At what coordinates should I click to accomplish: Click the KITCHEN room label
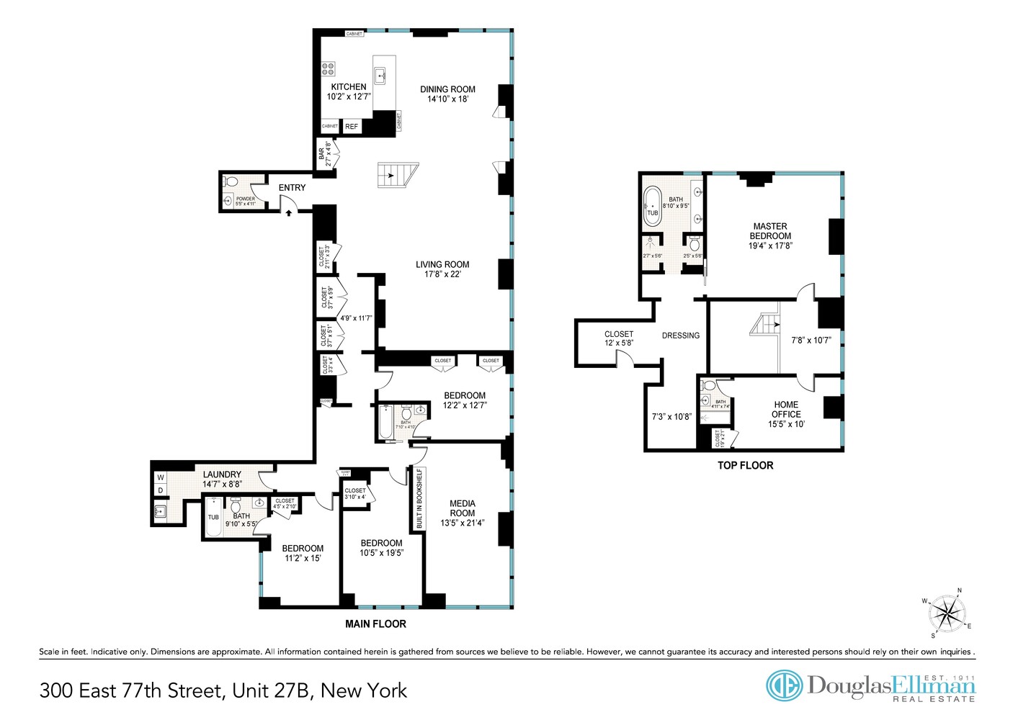(x=349, y=87)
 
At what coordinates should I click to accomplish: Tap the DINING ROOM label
(x=447, y=89)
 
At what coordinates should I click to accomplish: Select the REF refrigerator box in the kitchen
(x=352, y=127)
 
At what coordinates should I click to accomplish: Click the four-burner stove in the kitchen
(x=328, y=69)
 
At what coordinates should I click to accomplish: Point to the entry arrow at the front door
(x=288, y=212)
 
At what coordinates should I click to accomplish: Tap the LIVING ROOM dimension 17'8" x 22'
(x=442, y=274)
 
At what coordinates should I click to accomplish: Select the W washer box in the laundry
(x=161, y=477)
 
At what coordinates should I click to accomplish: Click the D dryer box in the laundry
(x=161, y=490)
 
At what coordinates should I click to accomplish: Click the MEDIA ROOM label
(x=462, y=508)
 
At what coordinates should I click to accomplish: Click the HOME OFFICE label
(x=786, y=410)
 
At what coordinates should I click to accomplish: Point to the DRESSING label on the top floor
(x=681, y=336)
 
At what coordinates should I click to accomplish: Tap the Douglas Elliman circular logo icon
(x=784, y=685)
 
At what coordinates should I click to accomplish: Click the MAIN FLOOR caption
(x=375, y=624)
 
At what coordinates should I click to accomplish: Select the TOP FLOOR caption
(x=745, y=466)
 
